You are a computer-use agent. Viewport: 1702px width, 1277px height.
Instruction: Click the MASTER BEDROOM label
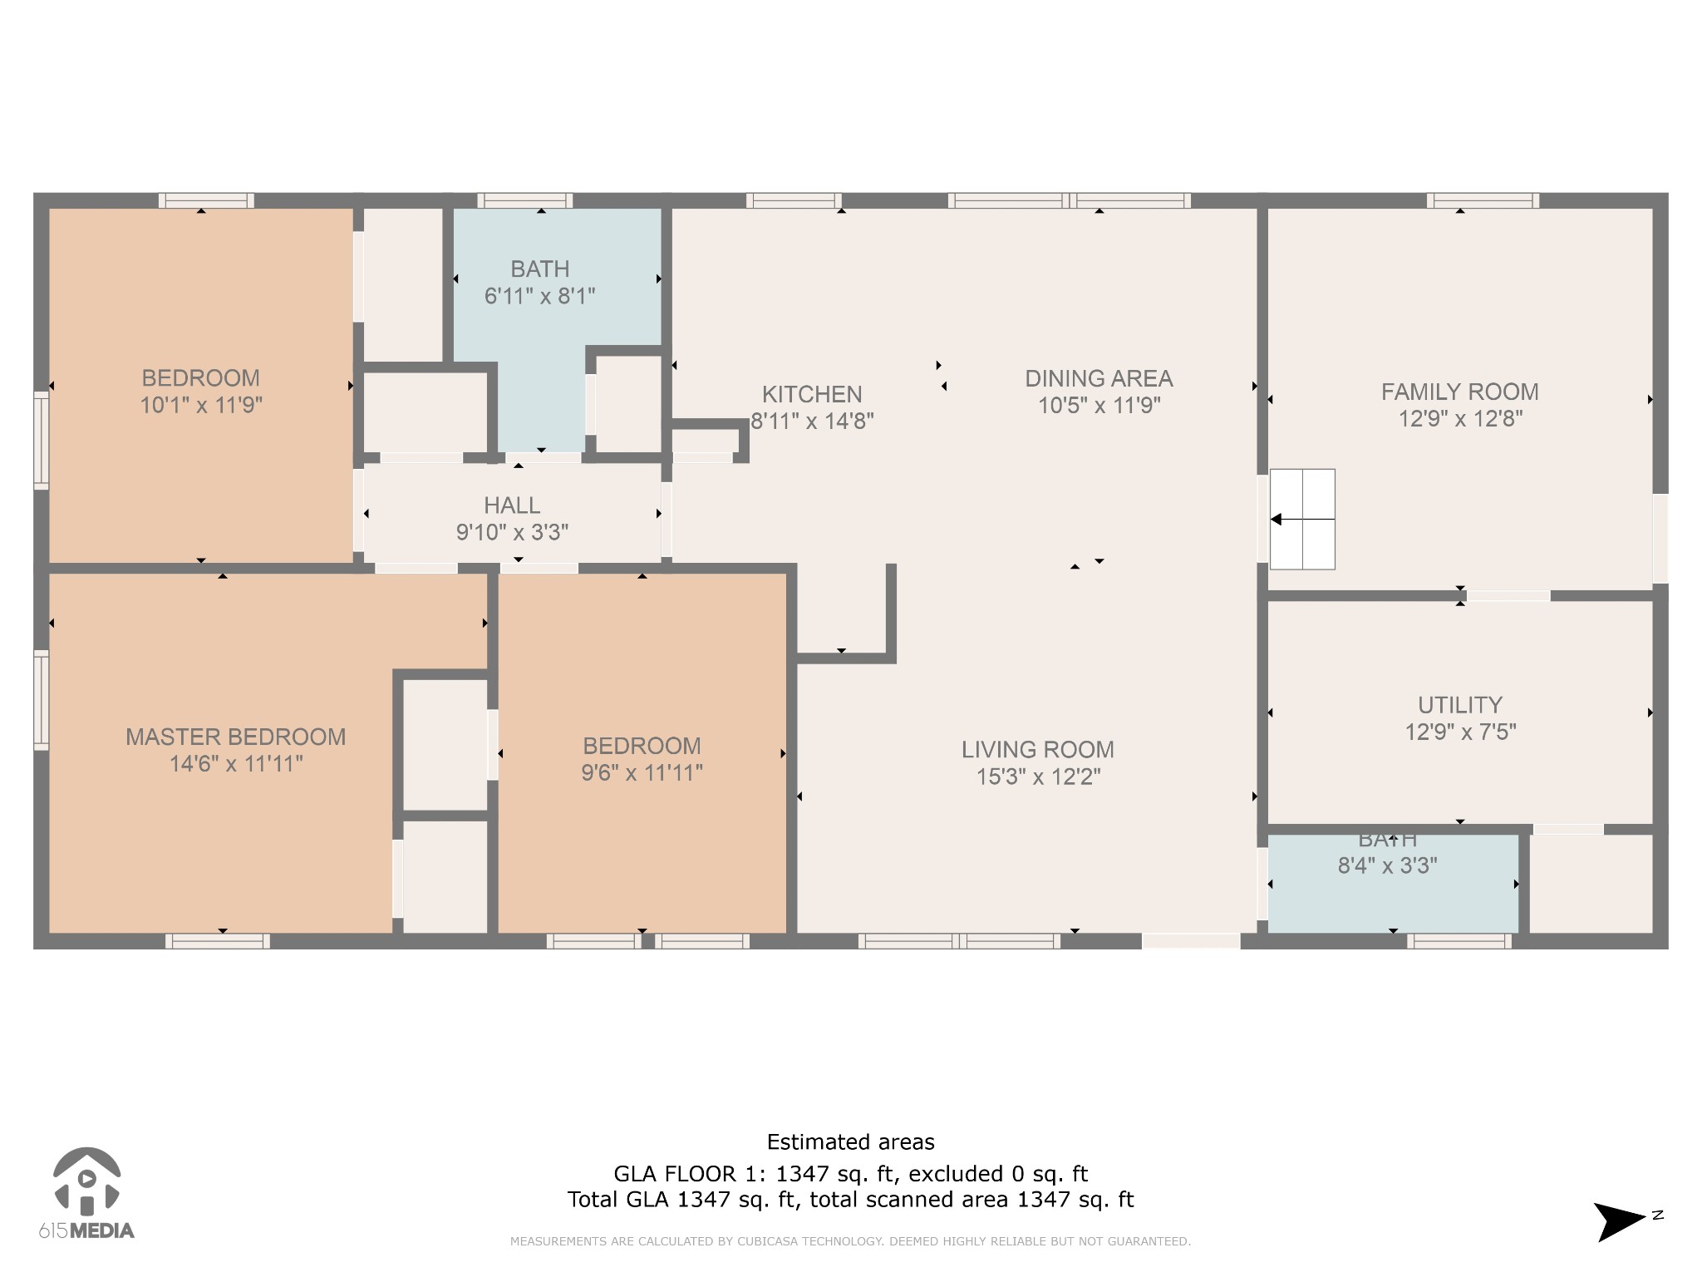click(x=235, y=737)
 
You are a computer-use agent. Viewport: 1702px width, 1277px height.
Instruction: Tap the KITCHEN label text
click(x=812, y=394)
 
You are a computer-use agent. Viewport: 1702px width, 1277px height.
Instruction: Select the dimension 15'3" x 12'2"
click(x=1038, y=777)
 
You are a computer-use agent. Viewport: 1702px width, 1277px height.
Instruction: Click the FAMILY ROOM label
click(x=1459, y=392)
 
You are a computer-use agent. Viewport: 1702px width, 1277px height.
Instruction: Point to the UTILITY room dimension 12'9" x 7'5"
click(x=1460, y=732)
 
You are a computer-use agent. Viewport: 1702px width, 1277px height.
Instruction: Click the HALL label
click(x=512, y=505)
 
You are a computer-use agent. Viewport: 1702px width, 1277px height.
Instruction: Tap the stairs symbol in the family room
click(x=1302, y=520)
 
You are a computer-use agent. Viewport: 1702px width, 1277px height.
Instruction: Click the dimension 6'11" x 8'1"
click(x=539, y=296)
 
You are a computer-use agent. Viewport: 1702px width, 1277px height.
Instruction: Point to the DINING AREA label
click(x=1098, y=378)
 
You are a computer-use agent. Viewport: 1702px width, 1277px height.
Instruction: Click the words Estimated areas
click(x=850, y=1142)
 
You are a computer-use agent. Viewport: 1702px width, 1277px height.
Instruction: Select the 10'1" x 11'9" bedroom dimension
click(x=201, y=405)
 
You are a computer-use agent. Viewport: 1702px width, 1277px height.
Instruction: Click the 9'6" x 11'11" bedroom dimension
click(x=642, y=772)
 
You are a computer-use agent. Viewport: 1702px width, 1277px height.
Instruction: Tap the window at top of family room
click(x=1483, y=200)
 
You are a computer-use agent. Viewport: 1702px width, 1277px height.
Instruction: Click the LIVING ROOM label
click(x=1037, y=749)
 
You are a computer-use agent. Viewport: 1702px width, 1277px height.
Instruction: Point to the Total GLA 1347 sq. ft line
click(x=850, y=1200)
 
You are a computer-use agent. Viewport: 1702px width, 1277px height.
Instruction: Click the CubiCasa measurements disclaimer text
click(x=850, y=1241)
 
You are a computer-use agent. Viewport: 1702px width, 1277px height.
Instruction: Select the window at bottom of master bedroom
click(x=217, y=941)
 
